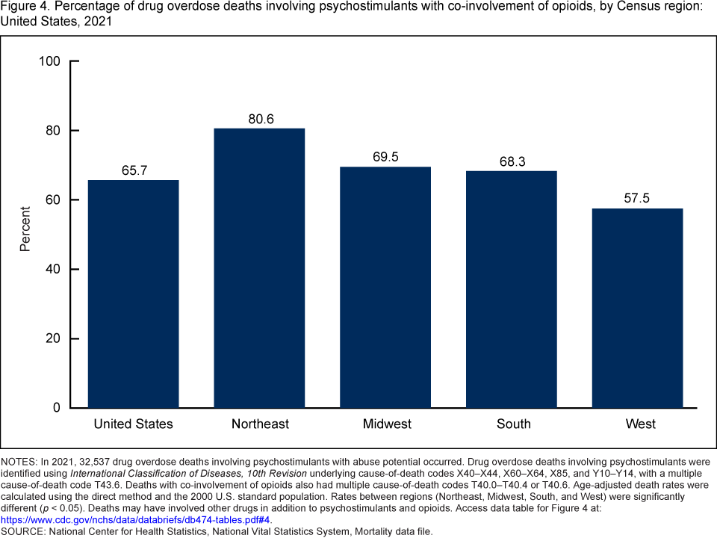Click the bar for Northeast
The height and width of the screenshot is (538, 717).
(259, 268)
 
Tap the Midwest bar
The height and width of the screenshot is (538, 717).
(385, 287)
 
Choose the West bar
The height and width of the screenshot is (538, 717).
(638, 308)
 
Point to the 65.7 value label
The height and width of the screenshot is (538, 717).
(134, 170)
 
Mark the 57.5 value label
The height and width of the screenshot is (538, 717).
(638, 199)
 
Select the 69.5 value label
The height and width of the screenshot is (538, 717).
(385, 157)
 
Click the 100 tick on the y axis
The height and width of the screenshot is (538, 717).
(49, 61)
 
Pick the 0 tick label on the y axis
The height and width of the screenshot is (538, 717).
(57, 408)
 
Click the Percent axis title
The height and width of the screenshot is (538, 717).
(25, 228)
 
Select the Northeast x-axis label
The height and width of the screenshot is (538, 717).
(259, 424)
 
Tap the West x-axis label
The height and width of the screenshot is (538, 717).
(641, 424)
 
